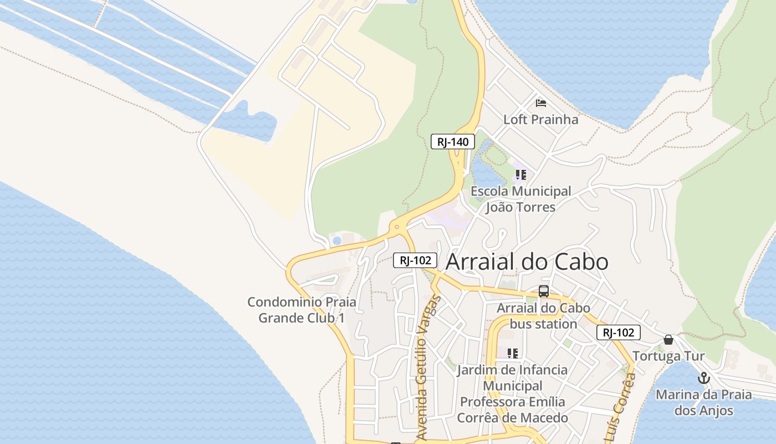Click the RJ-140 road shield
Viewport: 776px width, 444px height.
453,142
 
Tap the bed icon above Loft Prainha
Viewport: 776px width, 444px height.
541,103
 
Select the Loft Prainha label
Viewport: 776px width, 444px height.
533,119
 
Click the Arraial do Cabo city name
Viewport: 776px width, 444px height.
527,262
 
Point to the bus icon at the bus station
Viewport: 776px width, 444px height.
543,291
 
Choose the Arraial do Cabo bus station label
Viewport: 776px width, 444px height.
543,316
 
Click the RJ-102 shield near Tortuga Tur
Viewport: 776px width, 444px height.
618,332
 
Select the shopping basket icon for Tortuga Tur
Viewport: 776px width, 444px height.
668,340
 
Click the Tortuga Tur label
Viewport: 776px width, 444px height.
668,356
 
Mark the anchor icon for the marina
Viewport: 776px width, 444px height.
703,379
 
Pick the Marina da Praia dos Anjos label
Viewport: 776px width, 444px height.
703,403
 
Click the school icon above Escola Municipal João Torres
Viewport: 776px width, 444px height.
520,175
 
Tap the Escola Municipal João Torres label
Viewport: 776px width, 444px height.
520,199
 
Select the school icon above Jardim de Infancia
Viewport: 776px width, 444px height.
513,353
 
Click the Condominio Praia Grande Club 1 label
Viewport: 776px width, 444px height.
302,310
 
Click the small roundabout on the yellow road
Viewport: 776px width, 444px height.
396,226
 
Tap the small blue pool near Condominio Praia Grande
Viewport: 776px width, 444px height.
336,240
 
